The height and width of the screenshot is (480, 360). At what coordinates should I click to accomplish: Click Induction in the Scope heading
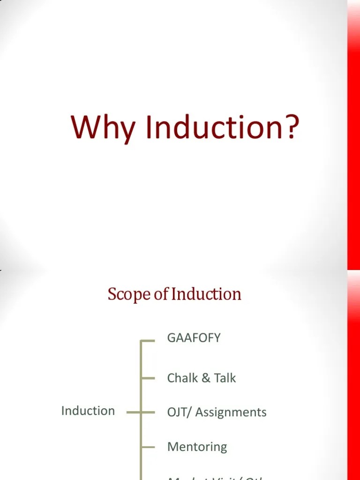pyautogui.click(x=206, y=294)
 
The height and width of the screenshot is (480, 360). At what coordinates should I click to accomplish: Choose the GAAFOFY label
pyautogui.click(x=194, y=338)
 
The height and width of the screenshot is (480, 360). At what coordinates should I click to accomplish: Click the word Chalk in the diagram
pyautogui.click(x=182, y=378)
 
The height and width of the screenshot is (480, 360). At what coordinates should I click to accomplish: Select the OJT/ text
pyautogui.click(x=180, y=412)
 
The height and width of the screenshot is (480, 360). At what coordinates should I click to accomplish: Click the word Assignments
pyautogui.click(x=231, y=412)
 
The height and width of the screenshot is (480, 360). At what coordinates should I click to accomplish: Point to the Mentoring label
pyautogui.click(x=197, y=447)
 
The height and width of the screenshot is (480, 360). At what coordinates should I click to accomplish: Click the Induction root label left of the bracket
pyautogui.click(x=88, y=411)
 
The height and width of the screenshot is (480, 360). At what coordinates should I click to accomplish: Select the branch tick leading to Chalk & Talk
pyautogui.click(x=148, y=378)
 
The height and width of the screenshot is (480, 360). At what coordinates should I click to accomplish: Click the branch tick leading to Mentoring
pyautogui.click(x=148, y=447)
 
